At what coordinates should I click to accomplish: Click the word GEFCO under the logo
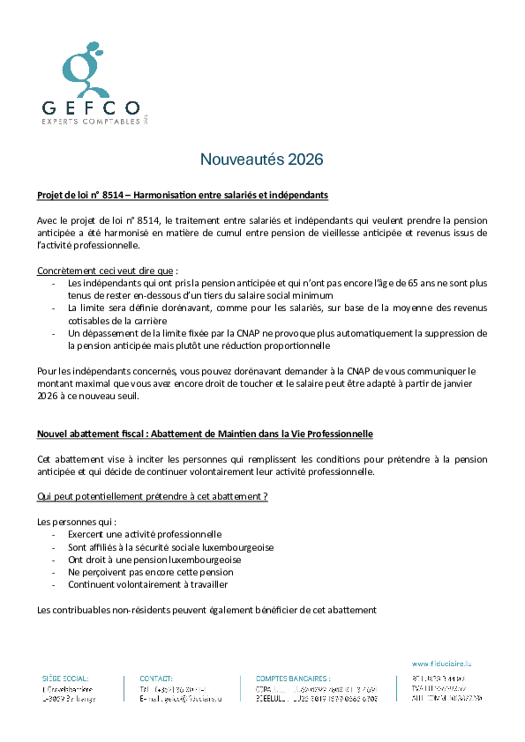(91, 108)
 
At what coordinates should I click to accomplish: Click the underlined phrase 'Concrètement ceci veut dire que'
(105, 271)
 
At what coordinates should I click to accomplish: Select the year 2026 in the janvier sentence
(49, 396)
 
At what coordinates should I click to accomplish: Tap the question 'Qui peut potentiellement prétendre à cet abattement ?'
(152, 496)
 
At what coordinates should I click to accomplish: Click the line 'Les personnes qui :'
(77, 522)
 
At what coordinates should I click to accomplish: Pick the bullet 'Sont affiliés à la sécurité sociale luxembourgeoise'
(170, 547)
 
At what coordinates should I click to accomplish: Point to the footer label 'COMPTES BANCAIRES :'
(293, 678)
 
